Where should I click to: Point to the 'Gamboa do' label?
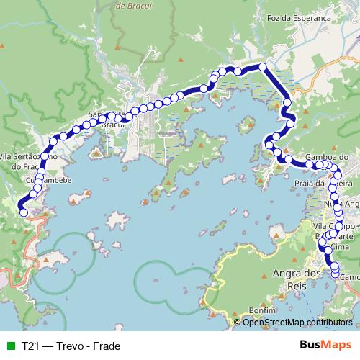[327, 156]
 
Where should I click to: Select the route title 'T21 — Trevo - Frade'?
[71, 346]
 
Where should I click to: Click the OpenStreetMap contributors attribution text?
[298, 322]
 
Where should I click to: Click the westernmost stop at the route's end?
[23, 212]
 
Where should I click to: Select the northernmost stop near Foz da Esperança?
[263, 67]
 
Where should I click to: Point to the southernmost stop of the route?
[335, 272]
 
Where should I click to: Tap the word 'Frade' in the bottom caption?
[106, 346]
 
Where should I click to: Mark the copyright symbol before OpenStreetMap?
[238, 322]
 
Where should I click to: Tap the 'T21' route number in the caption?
[30, 346]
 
